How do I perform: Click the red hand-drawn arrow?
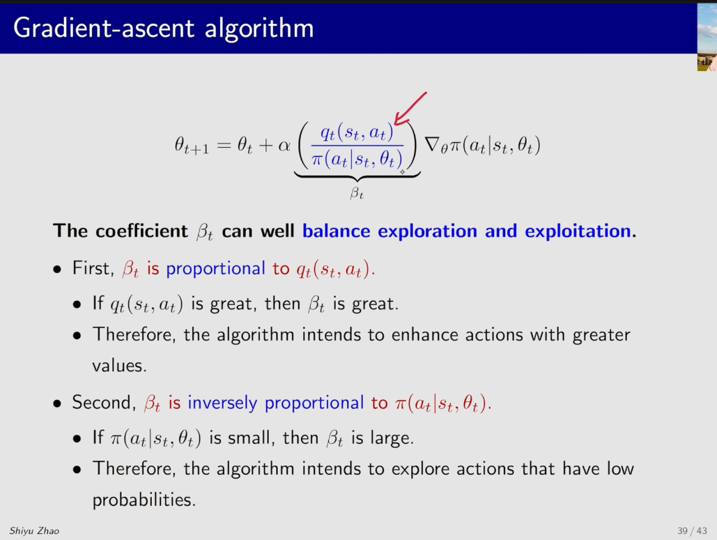[x=410, y=109]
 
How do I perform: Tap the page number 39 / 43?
[x=692, y=531]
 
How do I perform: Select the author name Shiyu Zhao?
[x=34, y=531]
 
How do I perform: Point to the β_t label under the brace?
[x=357, y=193]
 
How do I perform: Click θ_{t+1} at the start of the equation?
[x=192, y=146]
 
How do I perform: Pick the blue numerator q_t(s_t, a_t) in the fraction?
[x=357, y=132]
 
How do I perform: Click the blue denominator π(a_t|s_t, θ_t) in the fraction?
[x=357, y=159]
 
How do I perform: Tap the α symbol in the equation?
[x=284, y=146]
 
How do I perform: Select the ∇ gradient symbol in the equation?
[x=432, y=144]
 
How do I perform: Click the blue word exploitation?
[x=578, y=231]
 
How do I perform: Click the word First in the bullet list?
[x=93, y=268]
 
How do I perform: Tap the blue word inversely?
[x=222, y=402]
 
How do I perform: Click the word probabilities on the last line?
[x=144, y=500]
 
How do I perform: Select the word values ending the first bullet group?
[x=119, y=365]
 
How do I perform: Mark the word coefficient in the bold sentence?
[x=141, y=231]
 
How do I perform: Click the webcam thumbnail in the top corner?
[x=707, y=36]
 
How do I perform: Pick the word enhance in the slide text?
[x=424, y=334]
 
